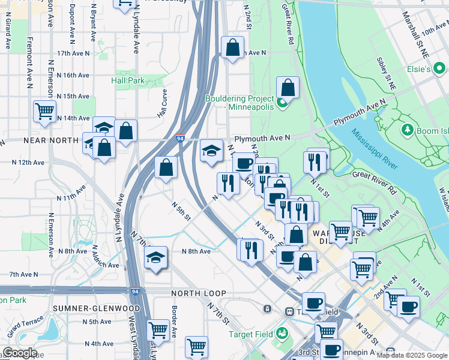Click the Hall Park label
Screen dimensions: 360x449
coord(128,80)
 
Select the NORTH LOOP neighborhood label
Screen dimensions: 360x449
coord(199,293)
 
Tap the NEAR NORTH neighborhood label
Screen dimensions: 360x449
coord(51,140)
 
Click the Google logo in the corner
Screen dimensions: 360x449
coord(20,353)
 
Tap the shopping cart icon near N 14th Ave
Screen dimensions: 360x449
coord(45,111)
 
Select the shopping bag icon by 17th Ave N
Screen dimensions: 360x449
coord(232,47)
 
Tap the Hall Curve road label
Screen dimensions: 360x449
coord(161,103)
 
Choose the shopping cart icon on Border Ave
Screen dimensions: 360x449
coord(157,329)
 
